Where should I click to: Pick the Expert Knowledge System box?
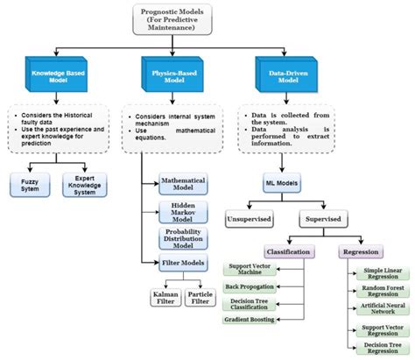(x=86, y=184)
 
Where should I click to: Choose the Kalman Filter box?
(x=164, y=299)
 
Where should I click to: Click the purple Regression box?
(x=361, y=251)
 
